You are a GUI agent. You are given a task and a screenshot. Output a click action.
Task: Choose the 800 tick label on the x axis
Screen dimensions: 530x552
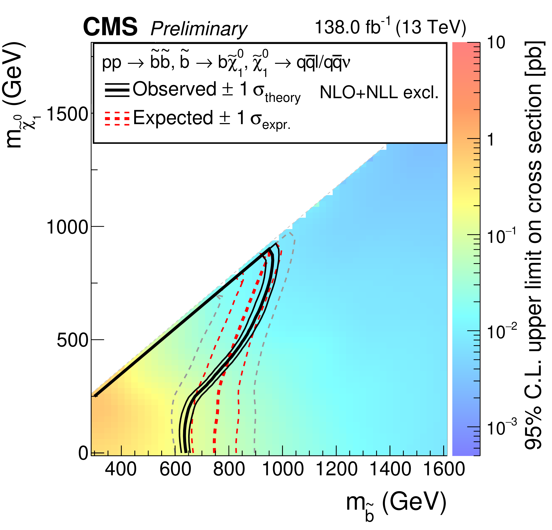229,469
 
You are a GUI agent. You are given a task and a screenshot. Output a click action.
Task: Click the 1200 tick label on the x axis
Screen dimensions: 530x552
337,469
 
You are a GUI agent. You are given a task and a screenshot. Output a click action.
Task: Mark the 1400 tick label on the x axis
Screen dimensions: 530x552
390,469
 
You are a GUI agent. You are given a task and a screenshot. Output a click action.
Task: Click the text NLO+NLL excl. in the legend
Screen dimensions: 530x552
379,92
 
